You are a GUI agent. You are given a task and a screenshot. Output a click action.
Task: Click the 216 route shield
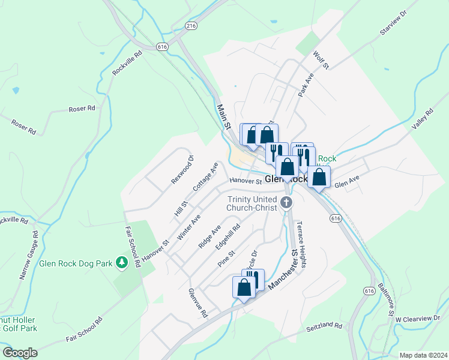click(191, 26)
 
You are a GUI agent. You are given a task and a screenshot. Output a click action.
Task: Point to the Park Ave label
click(306, 85)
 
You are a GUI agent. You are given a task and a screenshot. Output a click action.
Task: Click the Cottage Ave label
click(205, 176)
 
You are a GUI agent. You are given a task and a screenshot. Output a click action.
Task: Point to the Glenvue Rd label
click(197, 303)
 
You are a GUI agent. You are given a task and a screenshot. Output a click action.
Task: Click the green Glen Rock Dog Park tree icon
click(122, 262)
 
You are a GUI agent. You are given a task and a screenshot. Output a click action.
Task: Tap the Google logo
click(19, 353)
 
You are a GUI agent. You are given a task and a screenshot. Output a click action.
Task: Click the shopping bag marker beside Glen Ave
click(319, 177)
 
